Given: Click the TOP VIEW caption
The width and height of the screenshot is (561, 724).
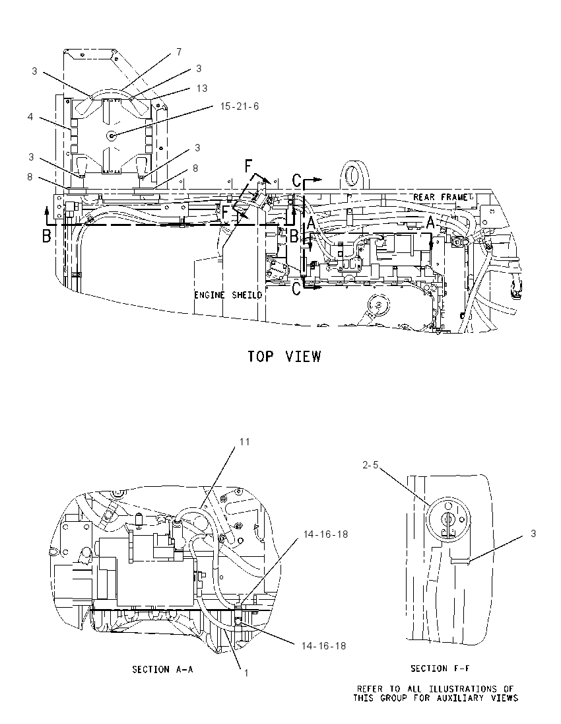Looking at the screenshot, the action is pos(284,357).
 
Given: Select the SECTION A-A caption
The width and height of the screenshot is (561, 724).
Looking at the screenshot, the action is pos(162,669).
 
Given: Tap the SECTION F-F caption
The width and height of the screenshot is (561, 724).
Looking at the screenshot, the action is pos(440,668).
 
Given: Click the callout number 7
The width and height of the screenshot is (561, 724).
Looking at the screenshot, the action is pos(179,52).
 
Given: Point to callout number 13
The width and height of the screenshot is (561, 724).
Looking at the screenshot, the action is pos(201,89).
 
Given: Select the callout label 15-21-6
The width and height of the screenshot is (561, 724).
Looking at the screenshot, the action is pos(240,106).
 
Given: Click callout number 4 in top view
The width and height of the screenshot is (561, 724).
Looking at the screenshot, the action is pos(30,117).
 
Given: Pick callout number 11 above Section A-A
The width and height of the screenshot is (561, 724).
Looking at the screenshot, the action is pos(244,442).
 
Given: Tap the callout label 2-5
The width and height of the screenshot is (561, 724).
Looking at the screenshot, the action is pos(370,465).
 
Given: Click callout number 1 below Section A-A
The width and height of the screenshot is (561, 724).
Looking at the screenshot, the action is pos(246,673).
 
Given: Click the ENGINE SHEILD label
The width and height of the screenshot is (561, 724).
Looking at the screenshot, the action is pos(228,295).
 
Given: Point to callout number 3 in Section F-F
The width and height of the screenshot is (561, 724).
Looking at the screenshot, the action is pos(533,534).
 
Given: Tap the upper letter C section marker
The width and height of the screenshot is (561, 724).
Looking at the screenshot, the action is pos(298,180).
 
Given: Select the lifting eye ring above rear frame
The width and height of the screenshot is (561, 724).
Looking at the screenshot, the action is pos(353,175).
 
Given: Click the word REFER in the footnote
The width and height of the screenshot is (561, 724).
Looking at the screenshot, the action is pos(370,690).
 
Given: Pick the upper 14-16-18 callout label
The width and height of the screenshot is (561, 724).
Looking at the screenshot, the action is pos(326,534).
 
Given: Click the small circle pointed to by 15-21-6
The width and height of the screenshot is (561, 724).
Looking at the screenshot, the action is pos(111,135).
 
